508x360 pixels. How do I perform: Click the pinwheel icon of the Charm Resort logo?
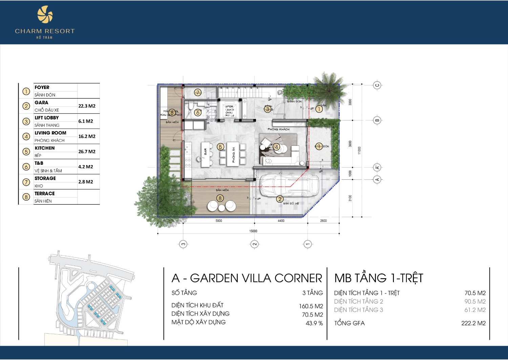(x=45, y=16)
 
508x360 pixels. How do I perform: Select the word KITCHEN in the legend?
(x=44, y=148)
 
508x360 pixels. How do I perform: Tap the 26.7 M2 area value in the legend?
(x=87, y=152)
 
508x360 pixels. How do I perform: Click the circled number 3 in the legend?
(x=26, y=121)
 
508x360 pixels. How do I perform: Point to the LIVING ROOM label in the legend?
(x=50, y=133)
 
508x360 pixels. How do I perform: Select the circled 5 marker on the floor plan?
(x=220, y=147)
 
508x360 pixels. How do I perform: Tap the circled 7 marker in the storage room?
(x=198, y=92)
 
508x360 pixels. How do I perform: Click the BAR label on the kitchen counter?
(x=205, y=152)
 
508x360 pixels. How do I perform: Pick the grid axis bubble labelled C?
(x=377, y=85)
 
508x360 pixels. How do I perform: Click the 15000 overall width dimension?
(x=253, y=231)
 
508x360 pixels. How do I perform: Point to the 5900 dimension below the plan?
(x=219, y=221)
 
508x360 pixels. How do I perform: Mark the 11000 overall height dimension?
(x=359, y=150)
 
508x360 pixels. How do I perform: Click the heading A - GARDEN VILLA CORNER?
(x=247, y=278)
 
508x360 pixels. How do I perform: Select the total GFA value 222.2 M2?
(x=473, y=323)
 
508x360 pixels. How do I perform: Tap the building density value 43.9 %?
(x=314, y=323)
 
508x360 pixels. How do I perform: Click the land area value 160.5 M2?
(x=311, y=306)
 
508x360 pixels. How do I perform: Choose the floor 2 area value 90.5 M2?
(x=475, y=301)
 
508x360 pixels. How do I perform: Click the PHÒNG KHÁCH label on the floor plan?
(x=278, y=129)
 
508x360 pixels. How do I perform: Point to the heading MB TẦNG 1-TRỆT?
(x=379, y=278)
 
